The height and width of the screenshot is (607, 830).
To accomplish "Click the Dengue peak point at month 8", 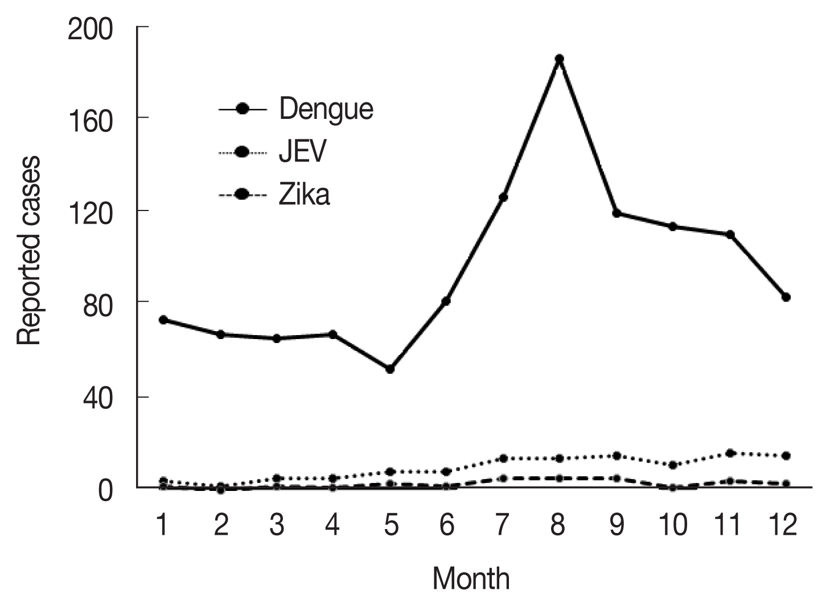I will point(560,59).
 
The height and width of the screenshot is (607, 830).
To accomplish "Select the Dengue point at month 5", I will point(390,369).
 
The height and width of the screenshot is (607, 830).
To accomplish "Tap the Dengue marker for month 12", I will point(786,297).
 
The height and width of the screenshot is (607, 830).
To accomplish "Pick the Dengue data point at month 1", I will point(163,320).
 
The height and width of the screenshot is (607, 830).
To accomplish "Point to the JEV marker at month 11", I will point(730,453).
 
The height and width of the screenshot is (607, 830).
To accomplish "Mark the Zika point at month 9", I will point(617,478).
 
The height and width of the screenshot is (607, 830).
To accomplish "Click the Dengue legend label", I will point(326,109).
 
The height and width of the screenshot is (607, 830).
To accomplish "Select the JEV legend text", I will point(302,152).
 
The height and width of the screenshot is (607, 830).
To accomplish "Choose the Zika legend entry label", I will point(304,195).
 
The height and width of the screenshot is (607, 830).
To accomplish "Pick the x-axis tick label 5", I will point(391,525).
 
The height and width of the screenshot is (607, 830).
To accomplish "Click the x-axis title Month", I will point(471,579).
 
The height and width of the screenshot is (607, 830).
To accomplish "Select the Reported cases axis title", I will point(29,251).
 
